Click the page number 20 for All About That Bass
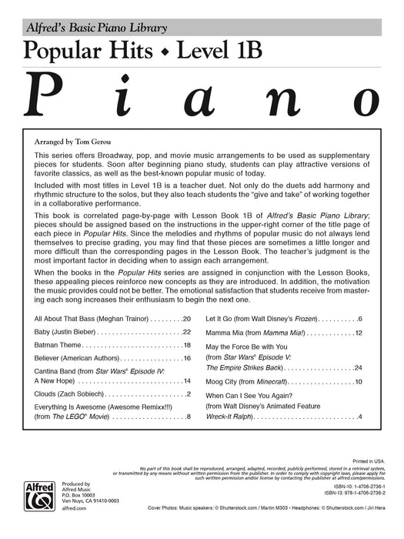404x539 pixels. (x=186, y=318)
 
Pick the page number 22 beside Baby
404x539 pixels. (x=186, y=332)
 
